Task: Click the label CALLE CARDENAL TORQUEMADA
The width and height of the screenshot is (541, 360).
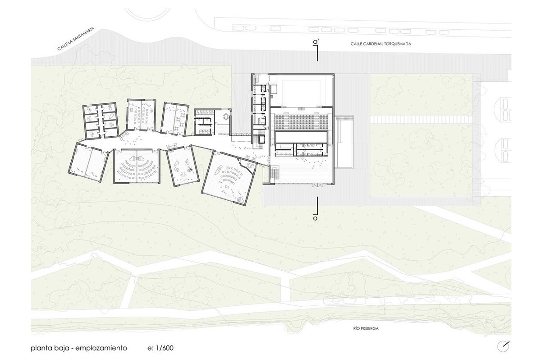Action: pyautogui.click(x=381, y=44)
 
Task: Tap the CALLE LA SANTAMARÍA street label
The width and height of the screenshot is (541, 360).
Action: pyautogui.click(x=75, y=39)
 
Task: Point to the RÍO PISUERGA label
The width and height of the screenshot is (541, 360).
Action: pyautogui.click(x=366, y=328)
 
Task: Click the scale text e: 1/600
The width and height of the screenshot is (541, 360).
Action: pyautogui.click(x=160, y=348)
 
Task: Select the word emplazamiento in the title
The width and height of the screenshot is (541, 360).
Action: pyautogui.click(x=101, y=348)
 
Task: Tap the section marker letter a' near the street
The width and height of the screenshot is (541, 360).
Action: pyautogui.click(x=316, y=42)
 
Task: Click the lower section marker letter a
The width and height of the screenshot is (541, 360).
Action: pyautogui.click(x=315, y=218)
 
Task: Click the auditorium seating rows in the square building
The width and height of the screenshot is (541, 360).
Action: pyautogui.click(x=301, y=121)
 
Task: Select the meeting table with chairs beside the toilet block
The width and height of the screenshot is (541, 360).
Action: pyautogui.click(x=226, y=117)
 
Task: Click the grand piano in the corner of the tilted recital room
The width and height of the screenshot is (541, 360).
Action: pyautogui.click(x=241, y=199)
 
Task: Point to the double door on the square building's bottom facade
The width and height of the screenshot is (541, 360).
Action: pyautogui.click(x=317, y=185)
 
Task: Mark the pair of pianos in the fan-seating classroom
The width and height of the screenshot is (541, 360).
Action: pyautogui.click(x=137, y=159)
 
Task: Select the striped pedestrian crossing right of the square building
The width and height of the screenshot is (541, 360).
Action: pyautogui.click(x=421, y=119)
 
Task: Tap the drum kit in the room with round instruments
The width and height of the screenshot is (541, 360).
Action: pyautogui.click(x=190, y=169)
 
